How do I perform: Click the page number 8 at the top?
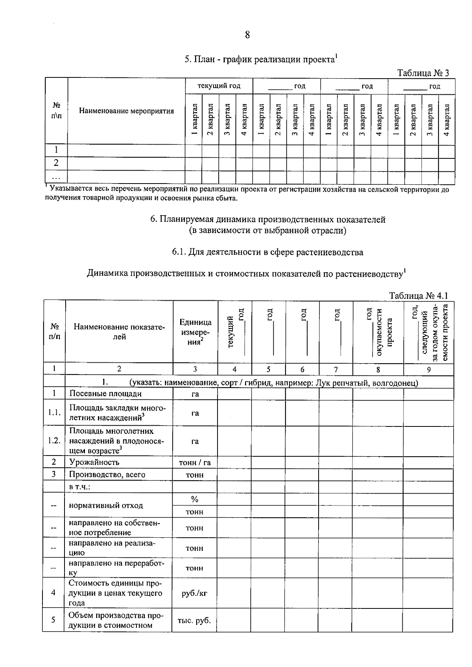tap(247, 35)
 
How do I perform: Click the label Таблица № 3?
tap(423, 73)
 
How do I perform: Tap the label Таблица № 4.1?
tap(419, 296)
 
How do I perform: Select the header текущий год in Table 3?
tap(219, 86)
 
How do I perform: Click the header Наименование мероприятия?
tap(126, 111)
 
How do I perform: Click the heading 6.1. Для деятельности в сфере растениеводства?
tap(267, 252)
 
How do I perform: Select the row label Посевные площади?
tap(105, 393)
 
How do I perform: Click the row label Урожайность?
tap(94, 462)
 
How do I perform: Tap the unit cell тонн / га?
tap(195, 463)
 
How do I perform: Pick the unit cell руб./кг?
tap(194, 593)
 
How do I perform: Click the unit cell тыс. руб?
tap(194, 621)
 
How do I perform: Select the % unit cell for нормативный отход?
tap(194, 500)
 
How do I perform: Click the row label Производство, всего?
tap(107, 474)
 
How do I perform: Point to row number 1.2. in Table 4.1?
tap(54, 440)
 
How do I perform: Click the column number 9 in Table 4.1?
tap(428, 369)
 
